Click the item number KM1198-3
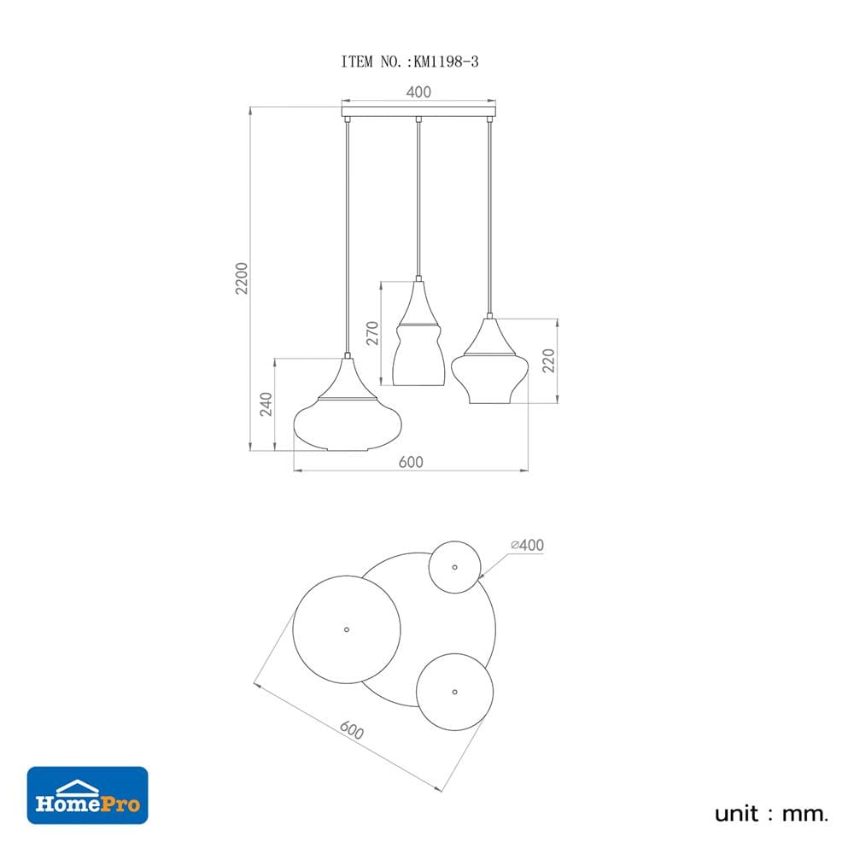point(446,62)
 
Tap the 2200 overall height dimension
point(242,278)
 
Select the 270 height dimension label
point(372,333)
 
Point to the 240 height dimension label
point(266,404)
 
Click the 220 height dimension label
point(548,360)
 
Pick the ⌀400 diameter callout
point(527,545)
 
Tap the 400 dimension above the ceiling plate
point(418,91)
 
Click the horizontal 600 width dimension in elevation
point(411,462)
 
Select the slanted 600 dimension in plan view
point(351,730)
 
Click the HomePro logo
point(88,795)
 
